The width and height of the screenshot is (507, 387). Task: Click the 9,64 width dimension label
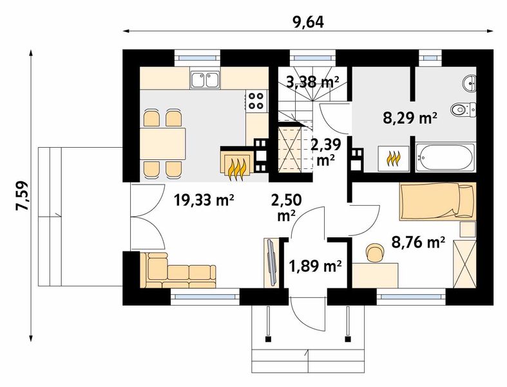[x=308, y=23]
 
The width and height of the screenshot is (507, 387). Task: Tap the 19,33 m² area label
[x=204, y=200]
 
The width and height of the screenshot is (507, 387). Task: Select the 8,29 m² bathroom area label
[x=410, y=118]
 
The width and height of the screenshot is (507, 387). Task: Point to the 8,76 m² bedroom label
[x=418, y=242]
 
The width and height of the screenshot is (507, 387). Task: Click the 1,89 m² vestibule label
[x=315, y=266]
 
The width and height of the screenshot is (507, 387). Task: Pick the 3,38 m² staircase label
[x=312, y=83]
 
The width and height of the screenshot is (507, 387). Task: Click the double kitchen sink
[x=206, y=80]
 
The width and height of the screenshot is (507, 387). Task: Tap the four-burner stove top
[x=256, y=101]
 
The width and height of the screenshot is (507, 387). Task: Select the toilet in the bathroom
[x=463, y=110]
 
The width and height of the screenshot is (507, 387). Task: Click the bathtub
[x=445, y=158]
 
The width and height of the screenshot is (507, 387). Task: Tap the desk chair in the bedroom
[x=375, y=252]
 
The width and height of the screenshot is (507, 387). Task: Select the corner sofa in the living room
[x=177, y=270]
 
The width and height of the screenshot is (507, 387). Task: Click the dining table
[x=163, y=143]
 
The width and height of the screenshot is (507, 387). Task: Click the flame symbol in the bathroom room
[x=394, y=159]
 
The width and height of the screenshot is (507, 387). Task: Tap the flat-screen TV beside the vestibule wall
[x=271, y=263]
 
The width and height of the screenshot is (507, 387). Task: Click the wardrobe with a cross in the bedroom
[x=464, y=264]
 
